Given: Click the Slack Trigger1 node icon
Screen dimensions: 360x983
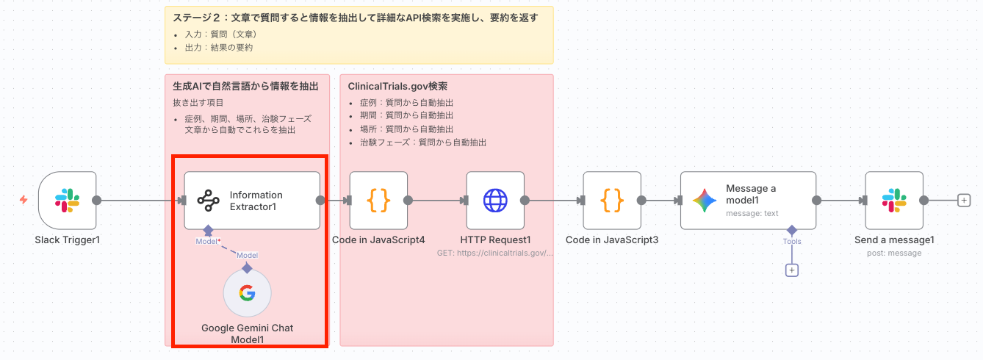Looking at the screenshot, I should (x=68, y=201).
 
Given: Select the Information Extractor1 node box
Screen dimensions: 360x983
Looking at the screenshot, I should (x=252, y=201).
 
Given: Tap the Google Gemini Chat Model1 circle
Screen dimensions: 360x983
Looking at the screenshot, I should (x=247, y=294).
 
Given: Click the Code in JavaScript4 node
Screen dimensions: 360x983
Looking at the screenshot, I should (x=378, y=201).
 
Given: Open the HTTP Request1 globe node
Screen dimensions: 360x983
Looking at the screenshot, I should (x=495, y=201).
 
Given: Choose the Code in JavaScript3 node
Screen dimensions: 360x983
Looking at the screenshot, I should (x=612, y=201).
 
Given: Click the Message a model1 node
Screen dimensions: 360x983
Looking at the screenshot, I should (x=748, y=201).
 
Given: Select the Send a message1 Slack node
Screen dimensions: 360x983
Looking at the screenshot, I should (x=894, y=201).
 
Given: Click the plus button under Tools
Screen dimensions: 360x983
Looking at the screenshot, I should (x=792, y=270).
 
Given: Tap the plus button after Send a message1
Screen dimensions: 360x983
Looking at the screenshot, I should (x=965, y=201).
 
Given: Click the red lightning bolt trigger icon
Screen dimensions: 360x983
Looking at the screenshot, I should (x=24, y=200).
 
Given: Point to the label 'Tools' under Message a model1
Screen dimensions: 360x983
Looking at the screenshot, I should (x=792, y=242).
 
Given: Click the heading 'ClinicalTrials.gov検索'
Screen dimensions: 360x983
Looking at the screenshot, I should (x=397, y=86).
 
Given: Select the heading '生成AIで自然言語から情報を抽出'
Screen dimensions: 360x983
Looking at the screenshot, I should (x=241, y=86).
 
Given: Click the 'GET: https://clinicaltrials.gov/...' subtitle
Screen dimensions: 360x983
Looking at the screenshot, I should (x=495, y=253).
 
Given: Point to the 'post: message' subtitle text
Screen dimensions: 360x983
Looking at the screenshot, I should (x=894, y=253).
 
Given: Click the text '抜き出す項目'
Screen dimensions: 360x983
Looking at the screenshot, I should (x=193, y=103).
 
